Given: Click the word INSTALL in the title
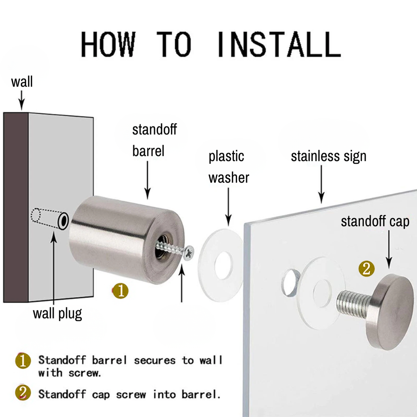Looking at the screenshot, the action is [x=279, y=44].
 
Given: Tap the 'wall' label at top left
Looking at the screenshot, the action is [x=22, y=81].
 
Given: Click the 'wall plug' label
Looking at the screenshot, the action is [x=58, y=314].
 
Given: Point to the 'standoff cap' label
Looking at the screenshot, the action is [x=375, y=222].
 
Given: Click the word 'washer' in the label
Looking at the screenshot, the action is [x=229, y=178].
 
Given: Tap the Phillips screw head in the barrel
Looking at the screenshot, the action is [x=188, y=253].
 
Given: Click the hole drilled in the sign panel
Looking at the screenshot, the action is [x=290, y=282].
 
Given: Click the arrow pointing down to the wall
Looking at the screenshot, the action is [x=22, y=100].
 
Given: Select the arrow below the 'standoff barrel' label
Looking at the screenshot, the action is [x=147, y=180].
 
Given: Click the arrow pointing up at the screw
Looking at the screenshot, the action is [x=181, y=283].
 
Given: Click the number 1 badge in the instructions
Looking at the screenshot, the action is [x=23, y=361].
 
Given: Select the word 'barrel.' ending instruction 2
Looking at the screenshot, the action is [x=201, y=394].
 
